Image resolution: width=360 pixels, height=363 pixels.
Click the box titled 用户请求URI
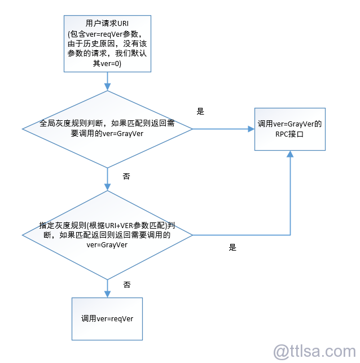tap(107, 44)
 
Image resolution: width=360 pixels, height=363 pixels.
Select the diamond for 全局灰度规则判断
tap(107, 129)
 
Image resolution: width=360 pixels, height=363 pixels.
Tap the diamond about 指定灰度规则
tap(107, 235)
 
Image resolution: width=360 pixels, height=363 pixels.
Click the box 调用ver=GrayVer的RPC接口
tap(290, 129)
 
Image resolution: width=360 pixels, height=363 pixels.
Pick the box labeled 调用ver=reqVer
tap(107, 319)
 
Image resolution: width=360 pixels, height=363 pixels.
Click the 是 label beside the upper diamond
tap(200, 111)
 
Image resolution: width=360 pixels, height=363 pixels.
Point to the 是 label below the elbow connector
tap(232, 247)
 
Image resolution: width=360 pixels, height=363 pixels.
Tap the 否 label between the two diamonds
tap(126, 176)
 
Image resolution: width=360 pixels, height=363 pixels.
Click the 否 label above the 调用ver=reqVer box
tap(127, 285)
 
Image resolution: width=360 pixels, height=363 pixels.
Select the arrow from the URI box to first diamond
tap(107, 81)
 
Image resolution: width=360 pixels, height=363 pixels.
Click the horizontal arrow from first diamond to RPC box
tap(223, 129)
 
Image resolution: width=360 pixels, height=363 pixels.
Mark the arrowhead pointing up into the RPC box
tap(290, 154)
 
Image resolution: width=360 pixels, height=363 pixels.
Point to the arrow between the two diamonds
tap(107, 179)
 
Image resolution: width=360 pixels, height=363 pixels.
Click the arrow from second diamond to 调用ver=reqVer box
tap(107, 288)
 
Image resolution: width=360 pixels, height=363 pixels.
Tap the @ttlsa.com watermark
tap(315, 351)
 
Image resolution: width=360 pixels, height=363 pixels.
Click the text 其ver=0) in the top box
tap(107, 63)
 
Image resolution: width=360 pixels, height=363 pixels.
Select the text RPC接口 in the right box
tap(289, 134)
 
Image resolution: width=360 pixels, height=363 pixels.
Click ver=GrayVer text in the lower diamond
tap(107, 245)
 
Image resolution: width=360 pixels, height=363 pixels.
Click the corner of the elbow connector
tap(290, 235)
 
